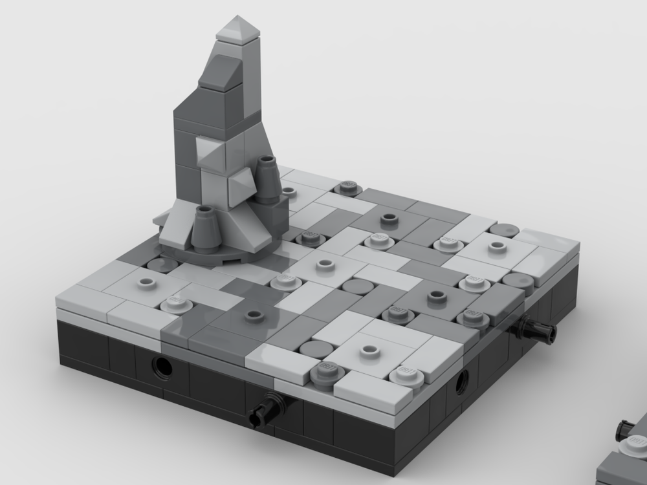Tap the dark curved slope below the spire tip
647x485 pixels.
point(220,73)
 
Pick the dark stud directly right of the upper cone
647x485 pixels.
point(289,191)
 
